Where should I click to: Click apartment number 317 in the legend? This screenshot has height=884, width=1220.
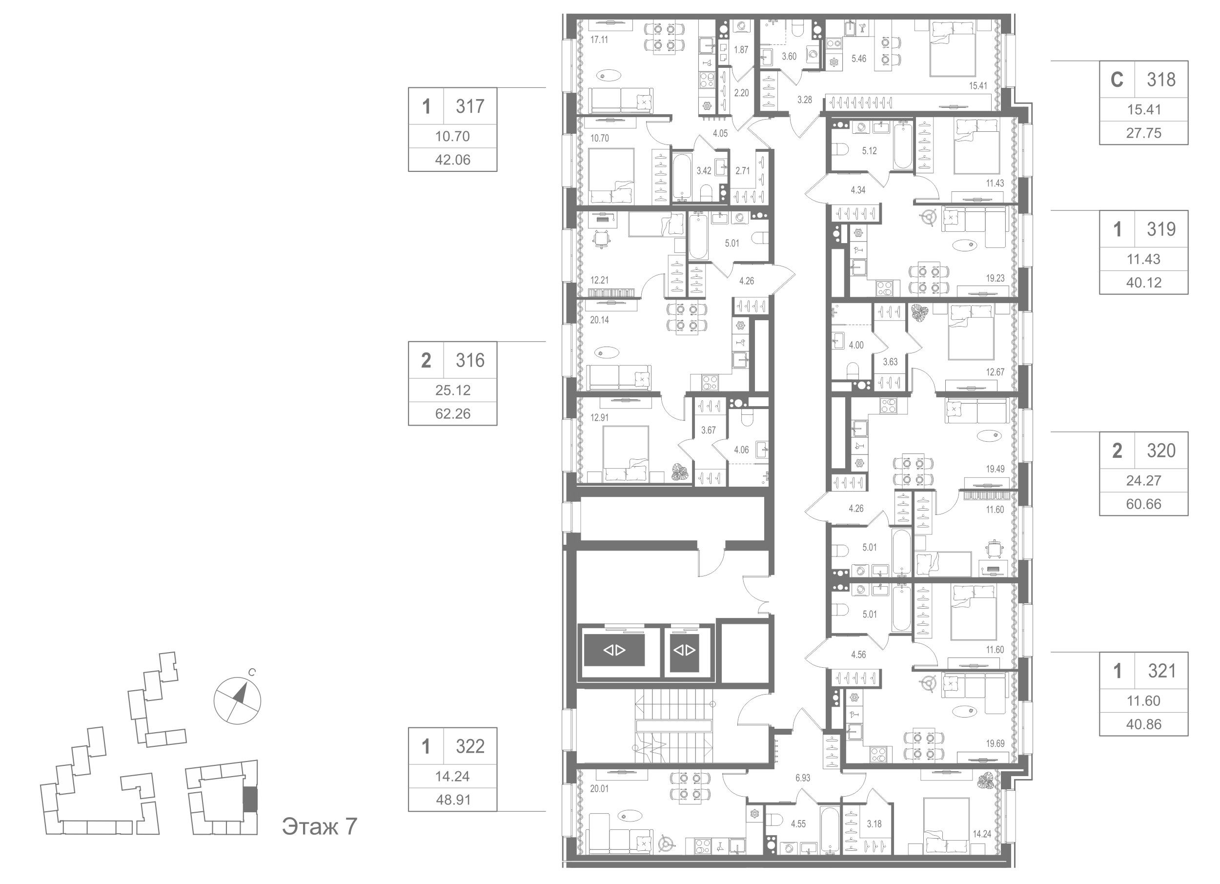tap(469, 106)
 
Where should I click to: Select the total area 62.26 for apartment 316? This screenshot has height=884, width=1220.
tap(452, 413)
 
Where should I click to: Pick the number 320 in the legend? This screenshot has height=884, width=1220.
tap(1161, 451)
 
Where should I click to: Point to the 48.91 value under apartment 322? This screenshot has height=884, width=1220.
tap(452, 800)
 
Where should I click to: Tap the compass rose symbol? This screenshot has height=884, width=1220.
tap(237, 700)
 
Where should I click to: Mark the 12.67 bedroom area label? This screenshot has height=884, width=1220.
tap(995, 372)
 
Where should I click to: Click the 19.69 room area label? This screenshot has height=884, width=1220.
tap(995, 743)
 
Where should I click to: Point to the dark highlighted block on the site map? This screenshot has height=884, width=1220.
tap(249, 799)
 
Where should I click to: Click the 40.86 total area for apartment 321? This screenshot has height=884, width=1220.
tap(1143, 724)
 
